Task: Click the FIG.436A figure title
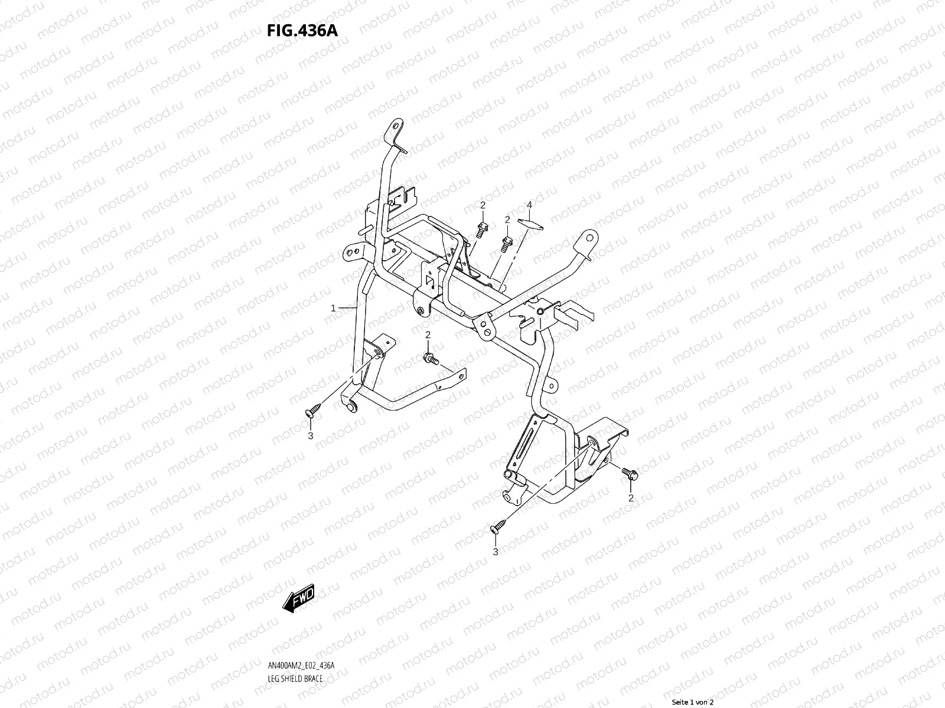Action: click(303, 31)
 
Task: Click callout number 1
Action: click(333, 308)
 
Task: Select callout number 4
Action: click(529, 205)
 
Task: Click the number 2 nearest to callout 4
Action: click(507, 219)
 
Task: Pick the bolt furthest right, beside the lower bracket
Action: click(629, 472)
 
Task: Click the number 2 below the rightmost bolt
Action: click(631, 498)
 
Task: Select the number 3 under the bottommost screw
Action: click(496, 552)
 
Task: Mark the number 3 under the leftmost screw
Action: click(309, 436)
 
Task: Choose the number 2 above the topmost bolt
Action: click(483, 205)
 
